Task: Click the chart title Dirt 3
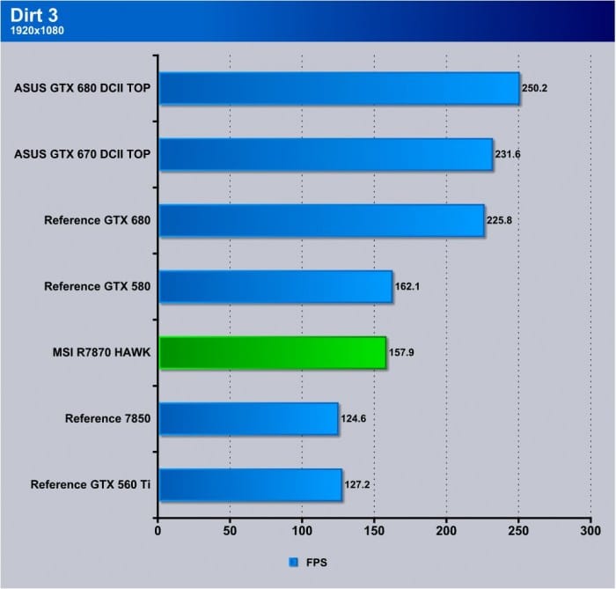(31, 13)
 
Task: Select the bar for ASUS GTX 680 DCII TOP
(339, 88)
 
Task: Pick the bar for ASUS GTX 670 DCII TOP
(325, 154)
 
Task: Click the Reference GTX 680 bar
(321, 220)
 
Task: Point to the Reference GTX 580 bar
(275, 286)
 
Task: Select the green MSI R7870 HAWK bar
(272, 352)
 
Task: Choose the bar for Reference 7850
(248, 418)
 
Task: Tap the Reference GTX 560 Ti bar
(250, 484)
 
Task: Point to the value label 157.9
(400, 353)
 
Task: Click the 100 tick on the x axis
(302, 532)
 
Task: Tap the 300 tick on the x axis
(590, 532)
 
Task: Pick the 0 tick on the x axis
(158, 532)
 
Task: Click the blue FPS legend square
(293, 561)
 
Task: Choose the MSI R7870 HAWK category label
(102, 352)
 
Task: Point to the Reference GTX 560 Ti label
(90, 484)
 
